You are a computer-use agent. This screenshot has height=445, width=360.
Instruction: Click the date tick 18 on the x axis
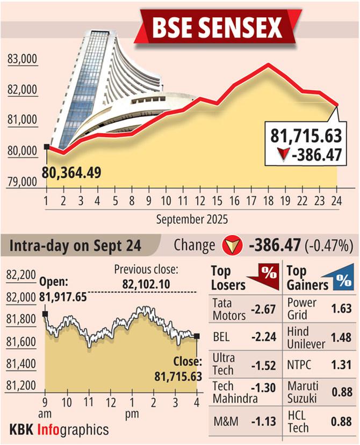[268, 202]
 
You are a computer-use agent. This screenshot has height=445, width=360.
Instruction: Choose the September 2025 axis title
[192, 219]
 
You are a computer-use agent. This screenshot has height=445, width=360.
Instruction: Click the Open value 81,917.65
[63, 296]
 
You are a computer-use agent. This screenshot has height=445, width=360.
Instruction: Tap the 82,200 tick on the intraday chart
[21, 275]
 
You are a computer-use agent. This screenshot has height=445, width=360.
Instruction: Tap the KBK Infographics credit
[59, 429]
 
